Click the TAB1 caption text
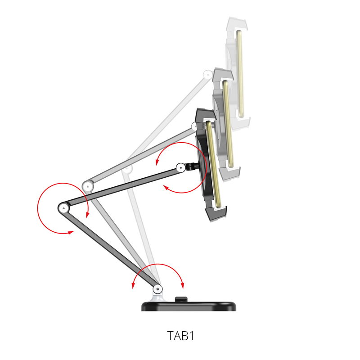[x=180, y=336]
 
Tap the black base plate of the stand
[x=189, y=306]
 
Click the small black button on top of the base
[x=181, y=299]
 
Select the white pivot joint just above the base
[x=157, y=289]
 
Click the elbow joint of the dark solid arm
[x=63, y=208]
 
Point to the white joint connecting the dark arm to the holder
[x=181, y=167]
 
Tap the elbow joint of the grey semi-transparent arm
[x=87, y=185]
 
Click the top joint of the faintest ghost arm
[x=208, y=75]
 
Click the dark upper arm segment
[x=122, y=188]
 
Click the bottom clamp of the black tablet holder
[x=216, y=213]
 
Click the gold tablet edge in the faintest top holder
[x=240, y=74]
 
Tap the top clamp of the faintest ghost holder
[x=237, y=24]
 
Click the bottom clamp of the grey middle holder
[x=230, y=173]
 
